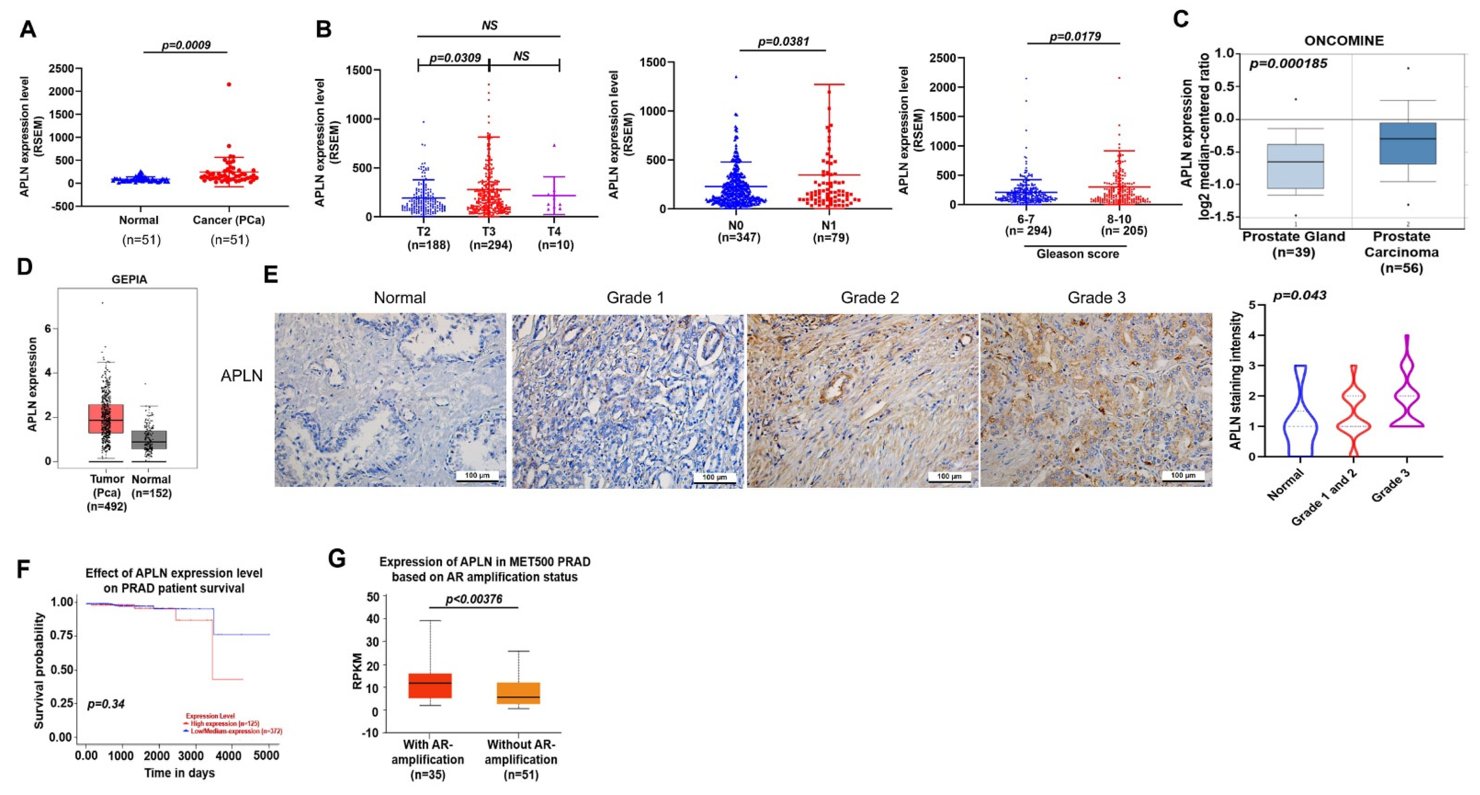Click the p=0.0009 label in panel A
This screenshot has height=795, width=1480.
tap(186, 45)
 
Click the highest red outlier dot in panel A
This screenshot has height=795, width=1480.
tap(229, 85)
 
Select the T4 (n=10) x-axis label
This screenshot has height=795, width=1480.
tap(555, 238)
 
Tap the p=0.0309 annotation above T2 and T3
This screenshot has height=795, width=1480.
tap(455, 58)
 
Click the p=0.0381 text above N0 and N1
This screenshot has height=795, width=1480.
tap(783, 41)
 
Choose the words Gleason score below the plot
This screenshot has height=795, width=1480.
tap(1077, 254)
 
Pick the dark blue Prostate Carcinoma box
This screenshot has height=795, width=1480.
tap(1407, 144)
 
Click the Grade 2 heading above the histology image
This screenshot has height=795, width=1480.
tap(869, 297)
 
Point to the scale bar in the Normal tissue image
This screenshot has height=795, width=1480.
tap(477, 476)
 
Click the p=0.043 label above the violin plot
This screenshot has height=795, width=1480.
tap(1300, 295)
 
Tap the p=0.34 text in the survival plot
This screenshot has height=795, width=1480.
tap(106, 704)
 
